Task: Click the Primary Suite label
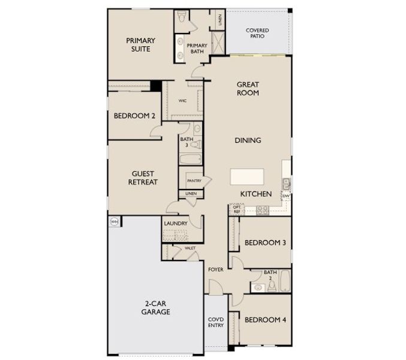click(x=140, y=44)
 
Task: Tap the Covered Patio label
click(x=257, y=33)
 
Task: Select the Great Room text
click(x=248, y=89)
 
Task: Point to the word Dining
click(x=248, y=140)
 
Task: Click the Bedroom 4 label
click(x=265, y=319)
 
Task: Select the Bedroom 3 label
click(x=265, y=242)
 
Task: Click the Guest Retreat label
click(x=143, y=178)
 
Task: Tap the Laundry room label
click(x=176, y=224)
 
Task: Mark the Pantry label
click(x=194, y=180)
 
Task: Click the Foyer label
click(x=216, y=269)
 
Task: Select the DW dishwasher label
click(x=286, y=196)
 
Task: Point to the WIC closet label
click(x=182, y=100)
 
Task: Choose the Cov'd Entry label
click(x=216, y=322)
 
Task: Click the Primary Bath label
click(x=197, y=49)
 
